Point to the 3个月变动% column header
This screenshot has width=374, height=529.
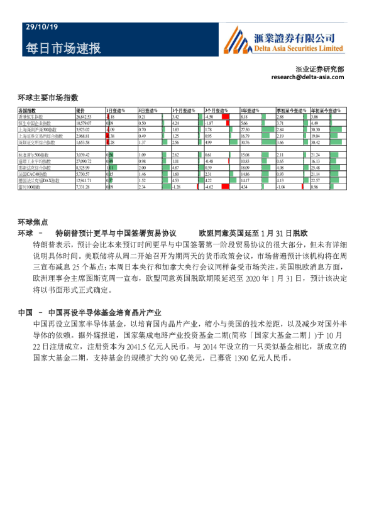pos(217,111)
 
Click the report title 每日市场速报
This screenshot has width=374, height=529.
pos(63,48)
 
